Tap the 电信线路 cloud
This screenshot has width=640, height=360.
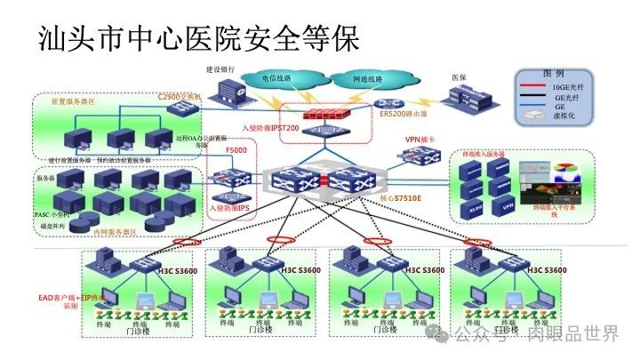point(275,79)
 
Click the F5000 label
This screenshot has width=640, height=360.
point(236,152)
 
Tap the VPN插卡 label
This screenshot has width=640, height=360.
point(421,140)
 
